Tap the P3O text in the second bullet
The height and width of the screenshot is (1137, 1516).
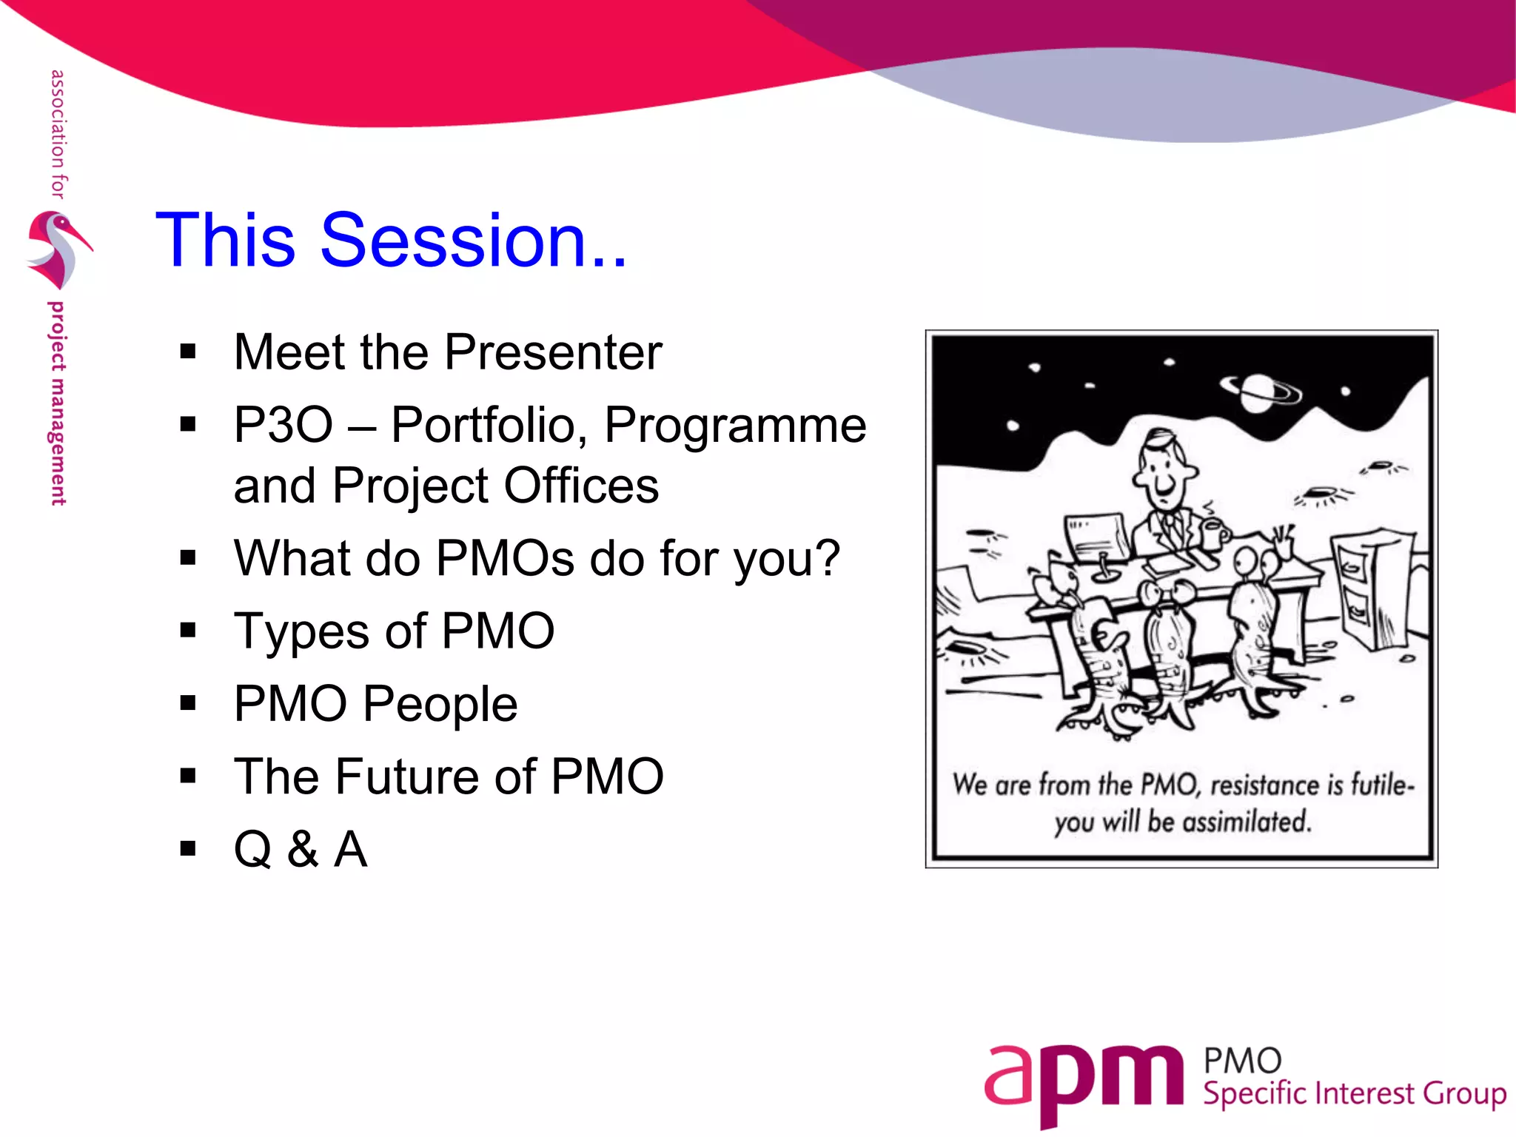click(283, 425)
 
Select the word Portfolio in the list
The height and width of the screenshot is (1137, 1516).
click(484, 425)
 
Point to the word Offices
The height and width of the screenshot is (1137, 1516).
click(580, 486)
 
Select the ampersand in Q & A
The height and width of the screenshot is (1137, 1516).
click(303, 849)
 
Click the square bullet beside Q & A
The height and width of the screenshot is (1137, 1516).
click(188, 848)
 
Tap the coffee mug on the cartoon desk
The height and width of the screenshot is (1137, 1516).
click(1213, 533)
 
